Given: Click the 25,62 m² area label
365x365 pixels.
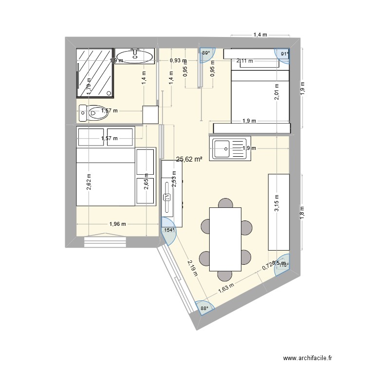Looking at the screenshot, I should click(x=189, y=159).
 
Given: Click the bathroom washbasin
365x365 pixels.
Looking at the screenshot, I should click(x=135, y=56).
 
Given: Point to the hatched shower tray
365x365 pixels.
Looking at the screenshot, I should click(x=95, y=73).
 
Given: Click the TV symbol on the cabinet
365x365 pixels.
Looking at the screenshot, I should click(x=166, y=197).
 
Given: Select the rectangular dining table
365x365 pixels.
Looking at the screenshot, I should click(x=225, y=238).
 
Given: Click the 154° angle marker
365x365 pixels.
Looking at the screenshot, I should click(x=168, y=231).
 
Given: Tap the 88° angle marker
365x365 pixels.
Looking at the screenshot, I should click(x=204, y=308).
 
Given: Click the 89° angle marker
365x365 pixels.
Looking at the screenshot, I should click(x=206, y=54).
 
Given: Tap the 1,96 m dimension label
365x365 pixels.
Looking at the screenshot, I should click(x=117, y=224).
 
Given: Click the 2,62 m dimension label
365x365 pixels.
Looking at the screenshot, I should click(x=89, y=182).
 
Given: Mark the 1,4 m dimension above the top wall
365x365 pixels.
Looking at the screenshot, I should click(x=260, y=35).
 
